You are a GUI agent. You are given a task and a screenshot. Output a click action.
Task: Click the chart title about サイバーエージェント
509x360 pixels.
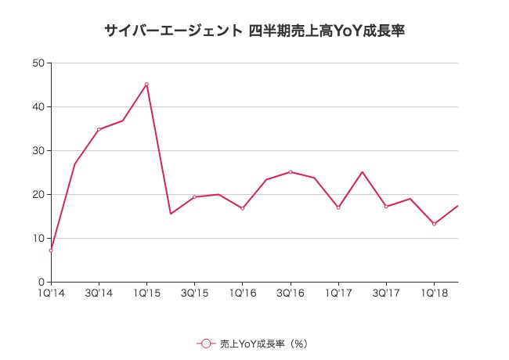[254, 31]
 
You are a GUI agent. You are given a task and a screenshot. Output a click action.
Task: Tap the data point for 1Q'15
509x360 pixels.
[146, 85]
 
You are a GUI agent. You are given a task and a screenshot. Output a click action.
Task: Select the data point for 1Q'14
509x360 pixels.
[51, 250]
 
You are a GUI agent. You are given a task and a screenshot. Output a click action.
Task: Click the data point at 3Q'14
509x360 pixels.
[99, 129]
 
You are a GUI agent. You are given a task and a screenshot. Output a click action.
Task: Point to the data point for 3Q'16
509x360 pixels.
[291, 171]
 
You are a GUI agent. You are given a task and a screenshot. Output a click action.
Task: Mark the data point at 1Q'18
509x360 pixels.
[434, 224]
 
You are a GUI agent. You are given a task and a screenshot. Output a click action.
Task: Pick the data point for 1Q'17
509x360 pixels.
[338, 207]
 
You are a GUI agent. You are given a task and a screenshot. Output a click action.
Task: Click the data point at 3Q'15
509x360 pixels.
[194, 196]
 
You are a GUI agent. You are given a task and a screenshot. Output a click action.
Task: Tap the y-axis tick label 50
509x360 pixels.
[38, 63]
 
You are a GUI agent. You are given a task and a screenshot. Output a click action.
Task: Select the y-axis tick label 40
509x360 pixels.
[38, 106]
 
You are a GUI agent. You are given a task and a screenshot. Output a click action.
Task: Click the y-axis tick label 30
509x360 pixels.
[38, 150]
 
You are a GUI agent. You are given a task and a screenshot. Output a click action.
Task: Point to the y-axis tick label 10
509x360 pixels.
[38, 238]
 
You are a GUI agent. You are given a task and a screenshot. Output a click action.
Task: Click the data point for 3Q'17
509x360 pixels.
[386, 207]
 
